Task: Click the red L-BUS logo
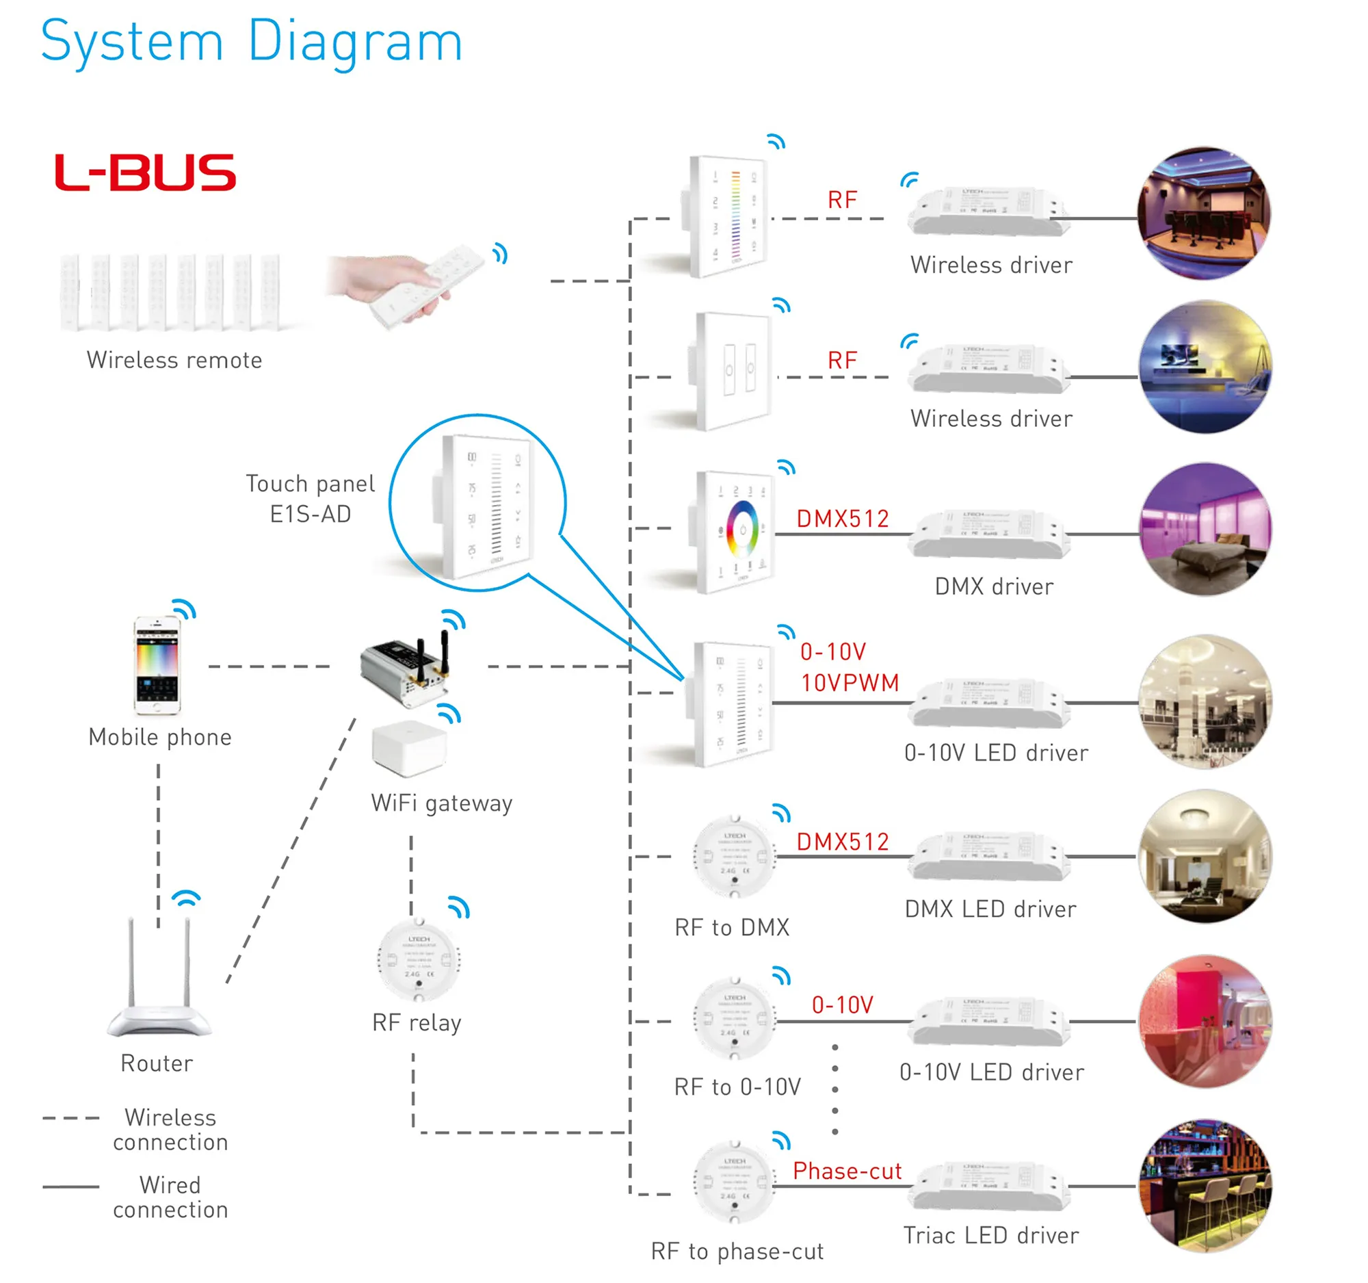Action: pyautogui.click(x=145, y=172)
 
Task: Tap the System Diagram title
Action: pyautogui.click(x=251, y=42)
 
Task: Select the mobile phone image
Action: pyautogui.click(x=157, y=665)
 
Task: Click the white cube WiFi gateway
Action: pyautogui.click(x=409, y=747)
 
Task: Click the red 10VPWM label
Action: pyautogui.click(x=850, y=683)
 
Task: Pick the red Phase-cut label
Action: pyautogui.click(x=846, y=1171)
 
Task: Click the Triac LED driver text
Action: pyautogui.click(x=991, y=1236)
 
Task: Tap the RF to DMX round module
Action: pyautogui.click(x=734, y=857)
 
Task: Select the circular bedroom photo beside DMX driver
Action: pyautogui.click(x=1205, y=530)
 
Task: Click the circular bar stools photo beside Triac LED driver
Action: pyautogui.click(x=1205, y=1185)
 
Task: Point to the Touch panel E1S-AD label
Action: pyautogui.click(x=311, y=498)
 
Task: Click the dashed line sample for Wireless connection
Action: pyautogui.click(x=71, y=1119)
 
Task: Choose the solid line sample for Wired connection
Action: pyautogui.click(x=71, y=1187)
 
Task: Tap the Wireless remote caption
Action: pyautogui.click(x=174, y=360)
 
